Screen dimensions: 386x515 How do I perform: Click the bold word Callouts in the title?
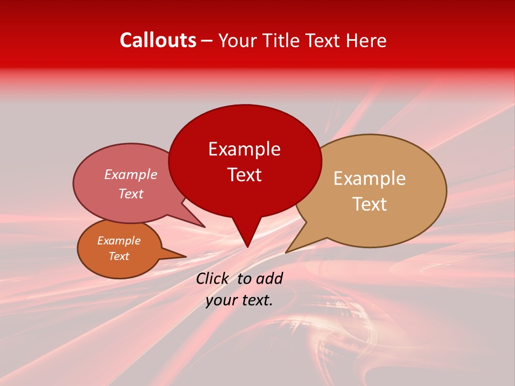(x=158, y=40)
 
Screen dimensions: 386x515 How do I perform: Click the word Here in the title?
(x=366, y=40)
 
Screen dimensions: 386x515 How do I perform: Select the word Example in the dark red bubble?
(x=244, y=149)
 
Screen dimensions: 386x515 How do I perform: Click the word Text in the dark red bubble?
(x=244, y=175)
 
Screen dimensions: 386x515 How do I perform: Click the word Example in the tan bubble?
(x=370, y=179)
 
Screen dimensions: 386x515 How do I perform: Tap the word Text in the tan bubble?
(x=370, y=204)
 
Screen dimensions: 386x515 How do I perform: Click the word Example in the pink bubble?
(x=130, y=175)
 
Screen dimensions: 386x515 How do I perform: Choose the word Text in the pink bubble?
(x=130, y=194)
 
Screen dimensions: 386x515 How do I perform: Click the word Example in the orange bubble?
(x=119, y=241)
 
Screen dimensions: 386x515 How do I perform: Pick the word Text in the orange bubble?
(x=119, y=256)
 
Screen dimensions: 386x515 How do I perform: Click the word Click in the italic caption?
(x=213, y=278)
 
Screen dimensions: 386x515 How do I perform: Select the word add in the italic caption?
(x=269, y=278)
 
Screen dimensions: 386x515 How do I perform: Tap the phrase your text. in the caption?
(x=239, y=300)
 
